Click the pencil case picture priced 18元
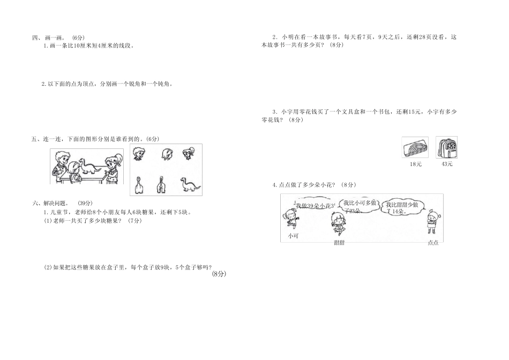click(x=415, y=147)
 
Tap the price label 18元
click(x=415, y=164)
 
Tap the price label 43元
click(x=447, y=164)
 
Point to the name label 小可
click(x=293, y=235)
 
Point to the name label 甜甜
click(x=339, y=243)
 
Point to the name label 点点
click(x=432, y=243)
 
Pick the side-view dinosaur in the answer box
click(x=190, y=184)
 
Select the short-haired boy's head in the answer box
click(x=138, y=154)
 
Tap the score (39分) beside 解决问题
click(x=85, y=203)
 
